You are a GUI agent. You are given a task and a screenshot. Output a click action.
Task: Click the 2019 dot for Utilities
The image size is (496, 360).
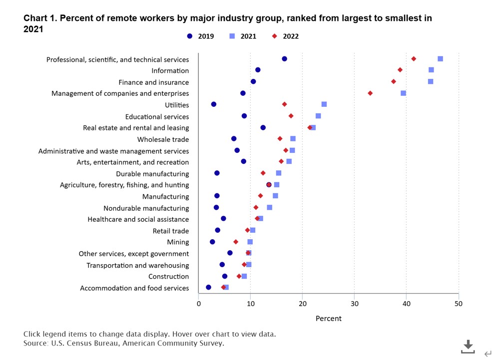click(214, 104)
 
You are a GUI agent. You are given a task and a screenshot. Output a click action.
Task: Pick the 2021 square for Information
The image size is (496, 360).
click(431, 70)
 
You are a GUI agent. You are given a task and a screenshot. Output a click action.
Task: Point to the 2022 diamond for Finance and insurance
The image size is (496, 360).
click(394, 81)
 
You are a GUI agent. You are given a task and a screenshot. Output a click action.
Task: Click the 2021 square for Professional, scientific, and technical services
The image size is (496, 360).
click(440, 59)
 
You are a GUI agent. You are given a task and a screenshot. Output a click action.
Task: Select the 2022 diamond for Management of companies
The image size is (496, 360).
click(370, 93)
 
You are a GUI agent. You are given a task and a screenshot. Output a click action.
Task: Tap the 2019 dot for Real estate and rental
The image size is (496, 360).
click(263, 128)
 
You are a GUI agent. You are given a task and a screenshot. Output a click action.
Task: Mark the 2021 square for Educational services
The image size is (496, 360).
click(318, 116)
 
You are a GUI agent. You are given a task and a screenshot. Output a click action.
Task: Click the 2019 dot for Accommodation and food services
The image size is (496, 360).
click(208, 288)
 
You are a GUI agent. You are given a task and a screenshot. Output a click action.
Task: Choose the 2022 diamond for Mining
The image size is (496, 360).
click(236, 242)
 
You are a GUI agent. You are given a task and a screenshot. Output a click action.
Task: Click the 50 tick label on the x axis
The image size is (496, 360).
click(458, 303)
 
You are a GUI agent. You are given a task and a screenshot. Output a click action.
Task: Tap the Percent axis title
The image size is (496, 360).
click(328, 319)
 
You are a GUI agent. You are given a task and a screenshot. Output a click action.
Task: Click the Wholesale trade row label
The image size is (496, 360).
click(163, 139)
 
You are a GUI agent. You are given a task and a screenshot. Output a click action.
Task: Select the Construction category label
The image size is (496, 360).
click(168, 277)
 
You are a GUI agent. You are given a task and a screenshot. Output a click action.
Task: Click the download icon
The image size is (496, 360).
click(468, 346)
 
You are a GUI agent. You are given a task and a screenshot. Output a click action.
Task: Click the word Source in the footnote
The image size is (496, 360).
click(35, 343)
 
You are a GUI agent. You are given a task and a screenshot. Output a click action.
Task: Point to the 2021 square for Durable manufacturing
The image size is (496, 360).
click(279, 173)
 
